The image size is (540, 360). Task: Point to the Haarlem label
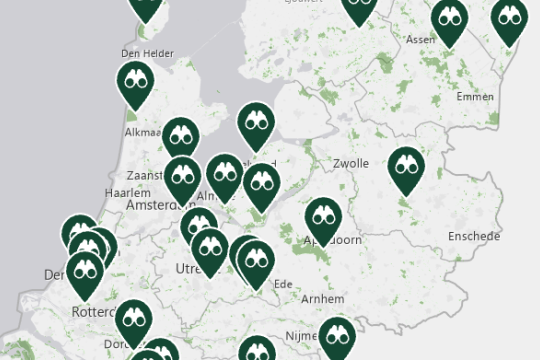click(126, 192)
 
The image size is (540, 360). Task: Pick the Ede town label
click(283, 283)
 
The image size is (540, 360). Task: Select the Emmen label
click(474, 97)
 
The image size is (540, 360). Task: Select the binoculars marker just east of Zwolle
click(405, 167)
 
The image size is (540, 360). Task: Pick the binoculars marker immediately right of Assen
click(450, 18)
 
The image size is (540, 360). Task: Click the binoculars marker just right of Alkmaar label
click(181, 136)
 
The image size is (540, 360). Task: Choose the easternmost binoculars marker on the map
click(510, 16)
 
